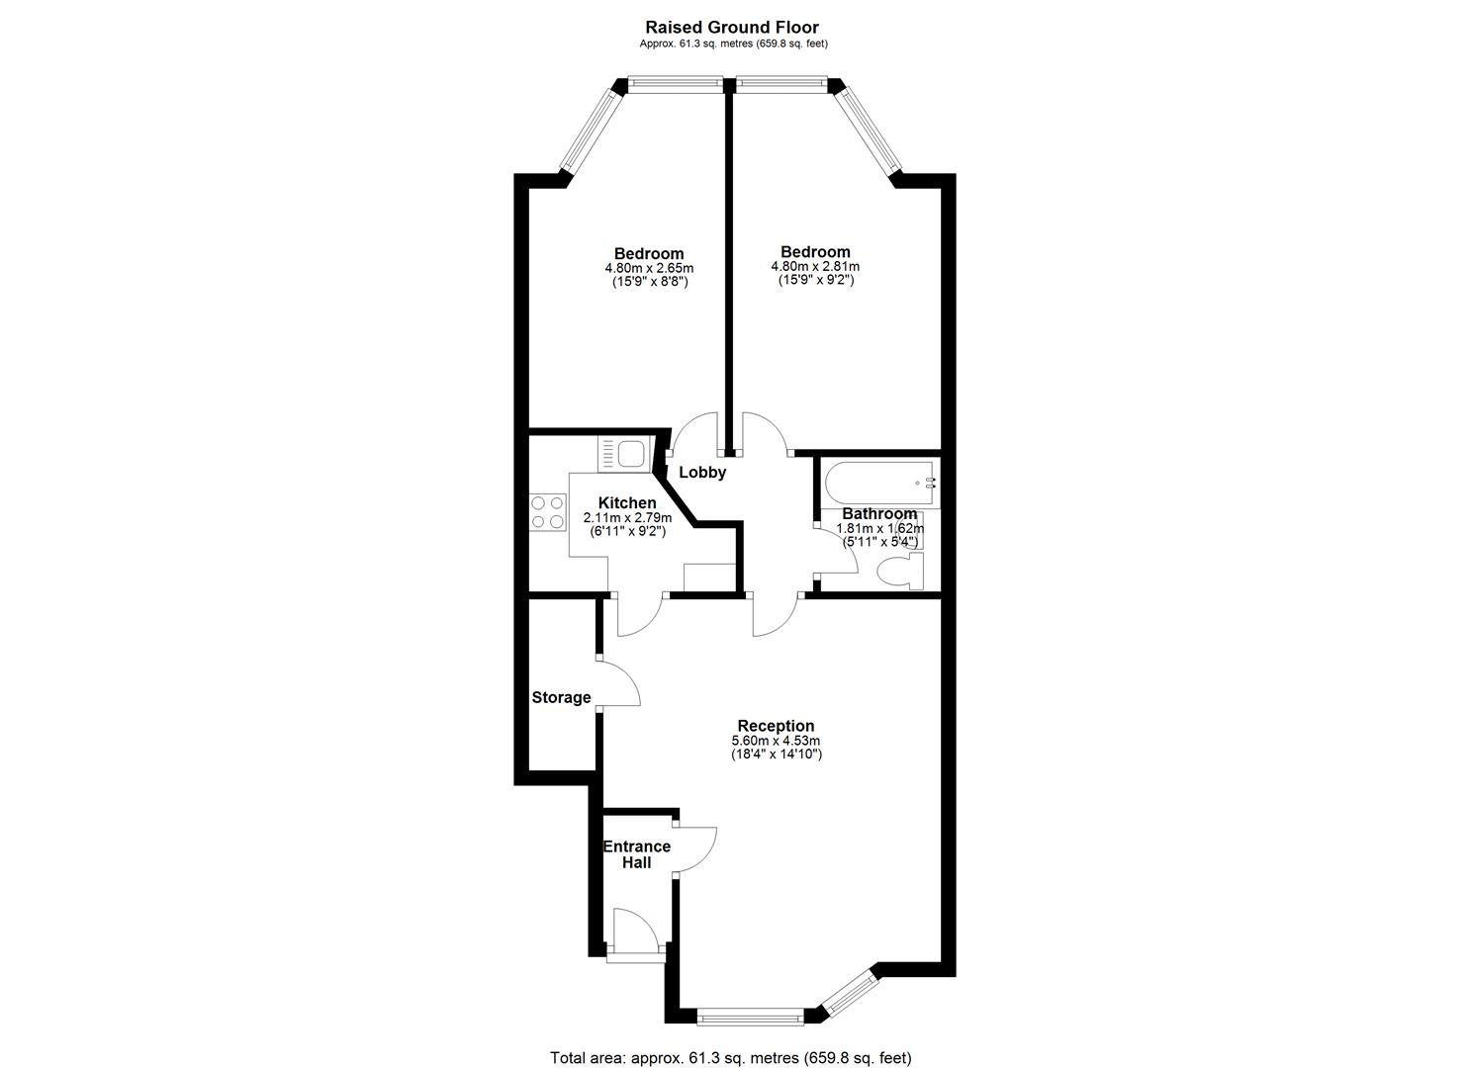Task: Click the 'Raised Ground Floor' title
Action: tap(732, 27)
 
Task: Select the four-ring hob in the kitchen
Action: tap(547, 512)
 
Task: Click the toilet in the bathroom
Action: tap(900, 571)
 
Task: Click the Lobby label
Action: tap(702, 472)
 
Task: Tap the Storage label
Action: tap(561, 697)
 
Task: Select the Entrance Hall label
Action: tap(637, 854)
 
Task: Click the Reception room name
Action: tap(776, 725)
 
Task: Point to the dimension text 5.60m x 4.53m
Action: tap(776, 741)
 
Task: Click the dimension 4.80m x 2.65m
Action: tap(649, 268)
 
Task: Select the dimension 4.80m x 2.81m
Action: tap(815, 267)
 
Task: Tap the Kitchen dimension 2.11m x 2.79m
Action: tap(627, 518)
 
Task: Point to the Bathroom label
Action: tap(879, 513)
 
